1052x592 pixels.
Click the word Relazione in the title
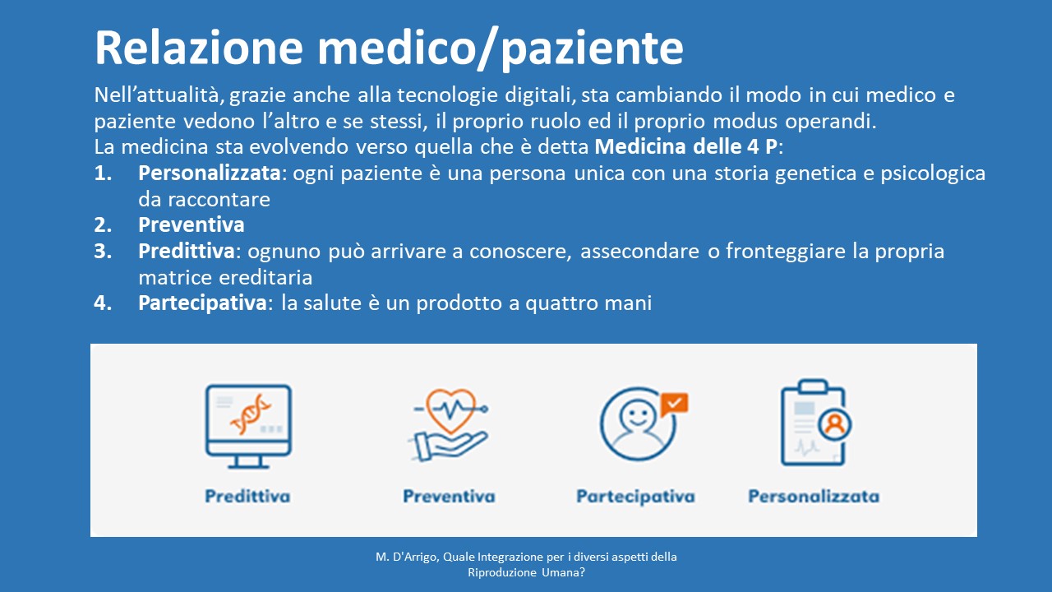click(199, 48)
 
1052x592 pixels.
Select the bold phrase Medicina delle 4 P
click(686, 146)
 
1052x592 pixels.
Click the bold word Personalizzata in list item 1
click(210, 173)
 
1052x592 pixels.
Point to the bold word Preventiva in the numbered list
click(191, 224)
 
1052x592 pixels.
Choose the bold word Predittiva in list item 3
click(187, 251)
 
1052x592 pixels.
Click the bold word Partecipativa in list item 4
click(202, 303)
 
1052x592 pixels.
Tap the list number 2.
click(103, 224)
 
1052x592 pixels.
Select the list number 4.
click(103, 303)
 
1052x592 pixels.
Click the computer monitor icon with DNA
click(248, 426)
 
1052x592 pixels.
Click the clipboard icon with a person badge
click(815, 423)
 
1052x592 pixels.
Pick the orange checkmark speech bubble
click(674, 404)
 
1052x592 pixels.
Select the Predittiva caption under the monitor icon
click(247, 496)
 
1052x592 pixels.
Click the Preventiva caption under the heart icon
click(449, 496)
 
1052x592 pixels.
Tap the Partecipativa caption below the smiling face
click(635, 497)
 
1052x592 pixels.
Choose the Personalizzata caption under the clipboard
click(814, 496)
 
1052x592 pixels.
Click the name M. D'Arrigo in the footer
click(407, 557)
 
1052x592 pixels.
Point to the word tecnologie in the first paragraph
click(448, 95)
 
